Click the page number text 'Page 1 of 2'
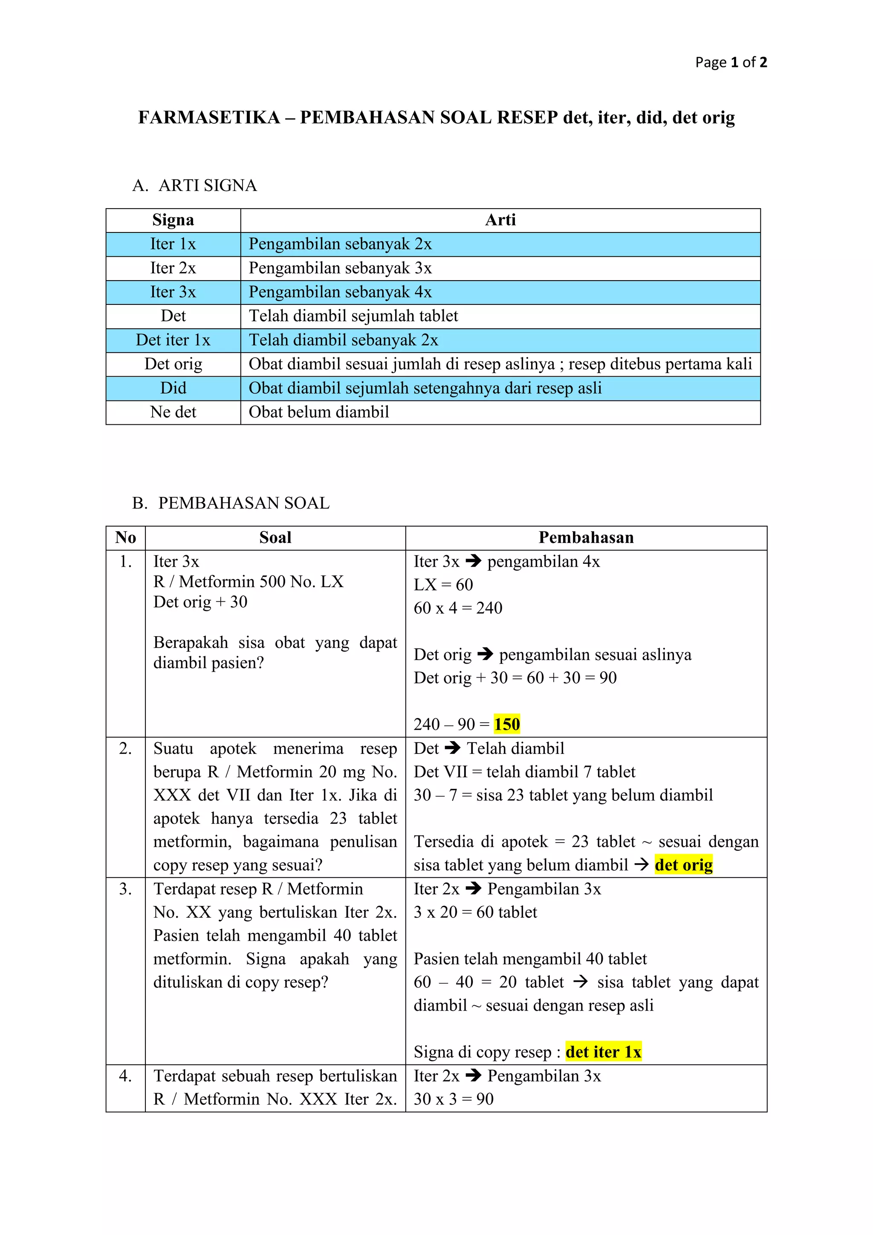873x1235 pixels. click(731, 62)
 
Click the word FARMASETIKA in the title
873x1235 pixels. click(209, 117)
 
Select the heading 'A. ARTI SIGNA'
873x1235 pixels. click(195, 186)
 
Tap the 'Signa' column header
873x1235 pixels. click(173, 220)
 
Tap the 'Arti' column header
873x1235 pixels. click(500, 220)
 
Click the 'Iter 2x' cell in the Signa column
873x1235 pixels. click(173, 268)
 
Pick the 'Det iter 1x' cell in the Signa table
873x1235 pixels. click(173, 340)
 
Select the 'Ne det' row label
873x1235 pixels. click(173, 412)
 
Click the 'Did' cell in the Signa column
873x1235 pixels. click(173, 388)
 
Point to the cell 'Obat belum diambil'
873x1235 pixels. click(319, 412)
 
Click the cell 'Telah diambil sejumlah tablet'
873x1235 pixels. click(353, 316)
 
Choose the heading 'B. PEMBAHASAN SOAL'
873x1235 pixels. click(231, 503)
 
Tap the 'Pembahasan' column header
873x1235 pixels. click(586, 537)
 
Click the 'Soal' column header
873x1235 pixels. click(275, 537)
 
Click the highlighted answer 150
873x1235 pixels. click(507, 724)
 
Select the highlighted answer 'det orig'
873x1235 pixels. click(683, 865)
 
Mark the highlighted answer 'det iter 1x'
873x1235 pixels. click(603, 1052)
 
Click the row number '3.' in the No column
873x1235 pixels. click(125, 889)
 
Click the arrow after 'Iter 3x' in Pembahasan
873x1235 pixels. click(474, 561)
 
